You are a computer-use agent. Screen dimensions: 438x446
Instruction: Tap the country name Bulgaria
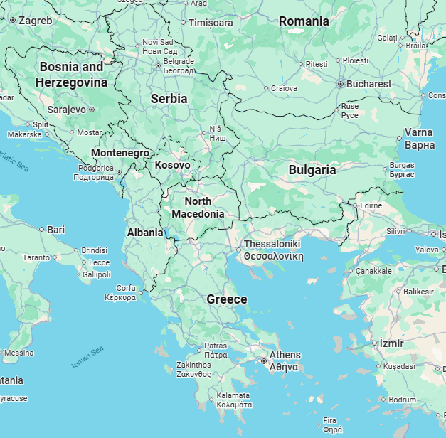click(312, 170)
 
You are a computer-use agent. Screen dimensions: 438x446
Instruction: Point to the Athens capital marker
click(264, 361)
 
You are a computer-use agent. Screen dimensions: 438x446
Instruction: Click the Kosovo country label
click(172, 165)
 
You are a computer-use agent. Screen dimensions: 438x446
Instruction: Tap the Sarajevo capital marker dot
click(92, 109)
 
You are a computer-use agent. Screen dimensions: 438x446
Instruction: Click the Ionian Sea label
click(87, 357)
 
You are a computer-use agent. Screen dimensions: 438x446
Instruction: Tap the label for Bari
click(55, 230)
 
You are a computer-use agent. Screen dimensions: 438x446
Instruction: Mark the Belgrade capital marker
click(158, 65)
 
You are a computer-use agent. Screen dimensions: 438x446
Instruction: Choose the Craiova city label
click(284, 88)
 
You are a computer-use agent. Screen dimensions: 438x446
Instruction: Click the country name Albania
click(145, 233)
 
